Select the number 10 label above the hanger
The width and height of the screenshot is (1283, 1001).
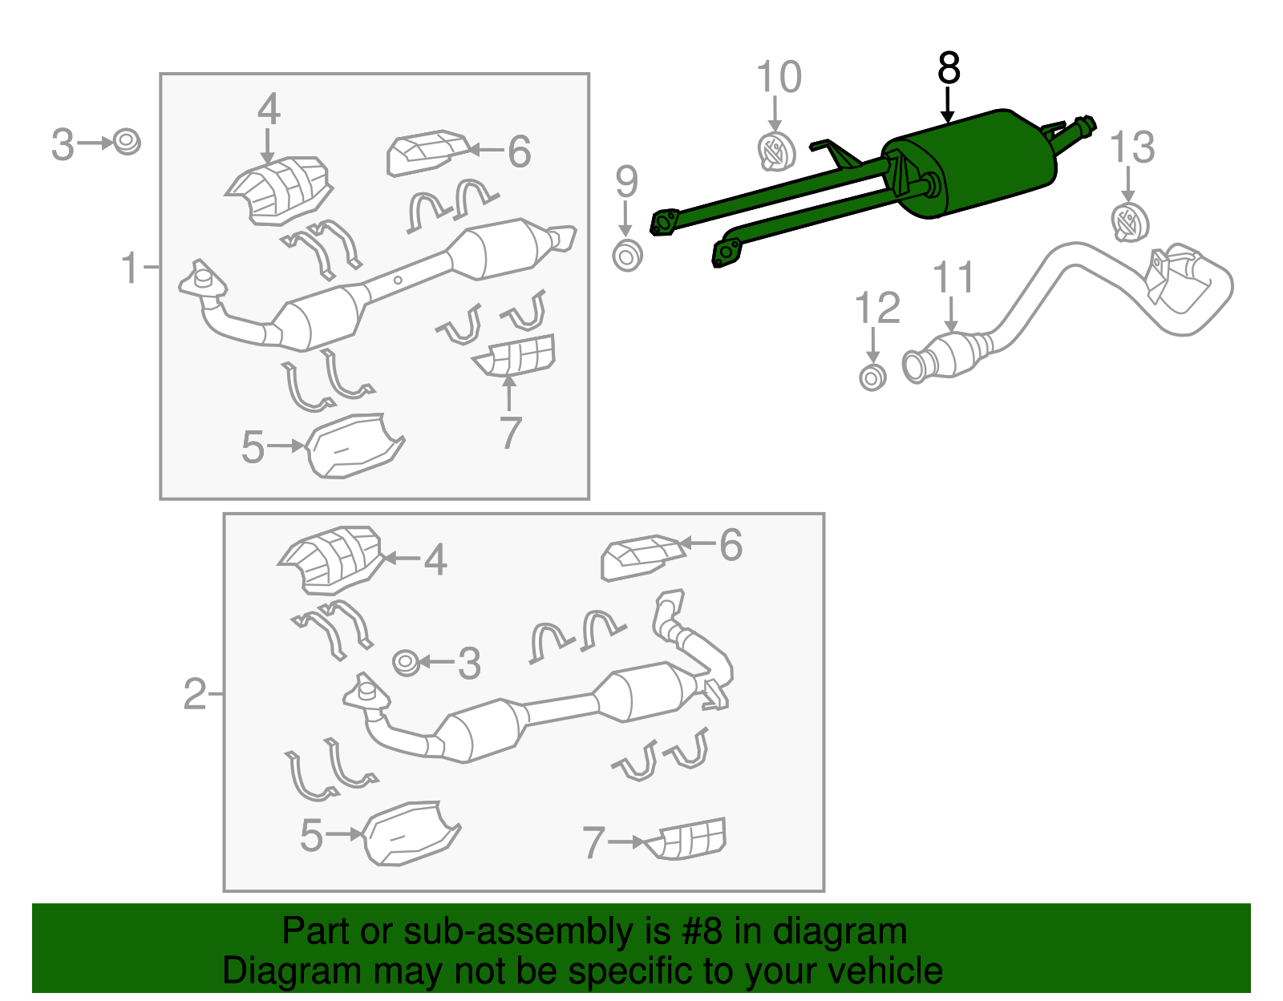[778, 78]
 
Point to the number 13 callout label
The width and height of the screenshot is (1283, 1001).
[1131, 148]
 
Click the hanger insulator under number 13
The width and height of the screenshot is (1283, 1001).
[1129, 223]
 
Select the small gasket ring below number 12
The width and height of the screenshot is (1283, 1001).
[872, 377]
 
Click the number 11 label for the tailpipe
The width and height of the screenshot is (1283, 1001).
[953, 277]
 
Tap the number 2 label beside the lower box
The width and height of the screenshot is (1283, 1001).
[195, 693]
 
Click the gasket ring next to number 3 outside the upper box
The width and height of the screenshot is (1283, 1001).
[127, 143]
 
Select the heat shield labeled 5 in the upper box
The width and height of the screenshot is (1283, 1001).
[353, 447]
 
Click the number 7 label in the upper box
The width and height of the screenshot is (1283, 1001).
[510, 433]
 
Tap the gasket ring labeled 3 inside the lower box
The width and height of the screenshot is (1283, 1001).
[407, 663]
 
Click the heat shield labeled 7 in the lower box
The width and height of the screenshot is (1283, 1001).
[690, 839]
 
